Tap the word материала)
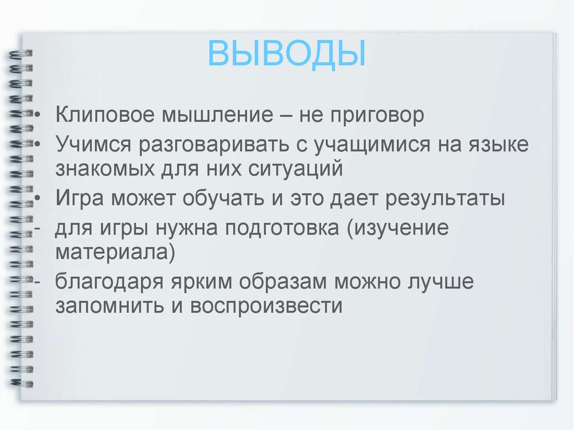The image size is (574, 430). pyautogui.click(x=115, y=253)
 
